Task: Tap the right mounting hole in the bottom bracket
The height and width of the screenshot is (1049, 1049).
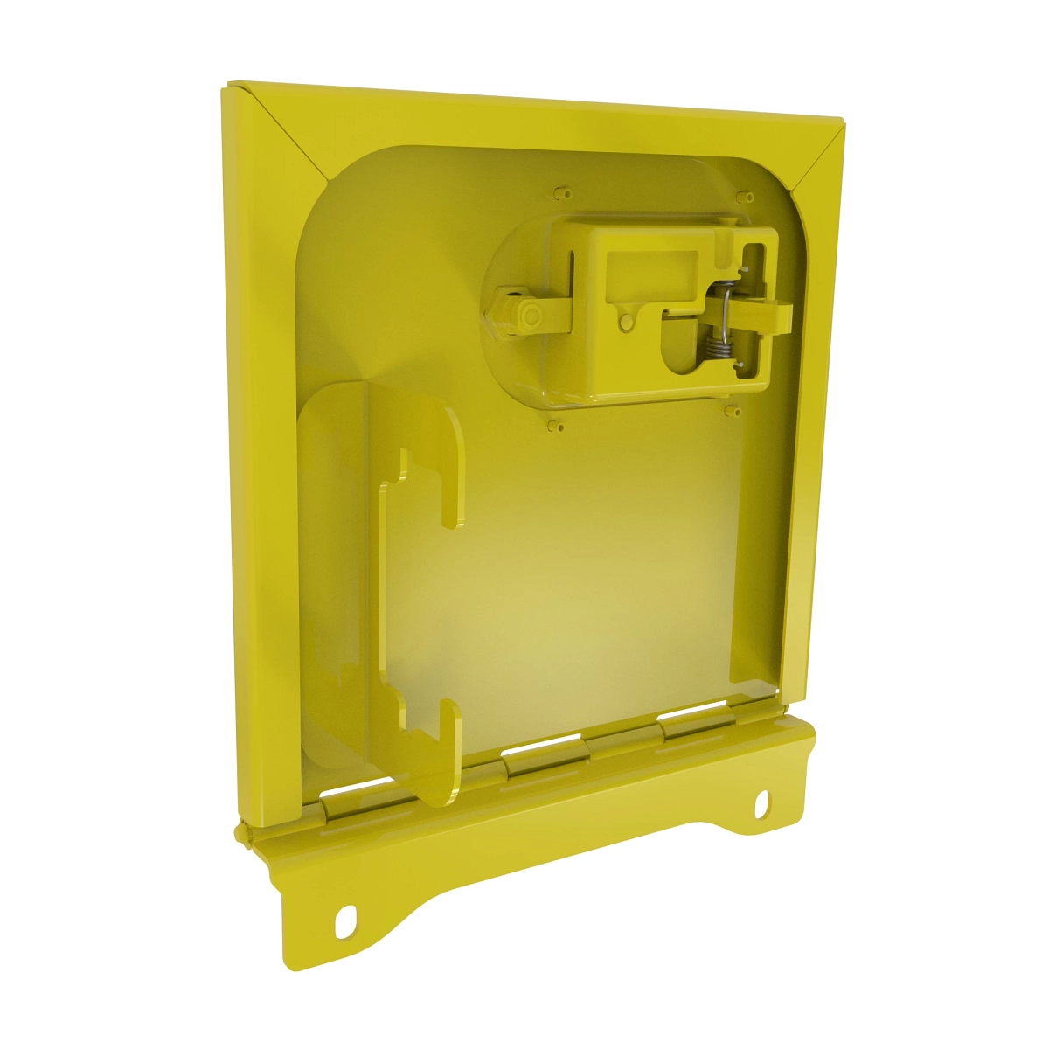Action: tap(762, 802)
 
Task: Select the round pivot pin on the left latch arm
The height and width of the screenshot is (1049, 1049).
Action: tap(527, 315)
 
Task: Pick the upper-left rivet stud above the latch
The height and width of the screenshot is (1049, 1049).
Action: tap(562, 190)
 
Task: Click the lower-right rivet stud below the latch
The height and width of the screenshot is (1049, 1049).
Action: tap(733, 409)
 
